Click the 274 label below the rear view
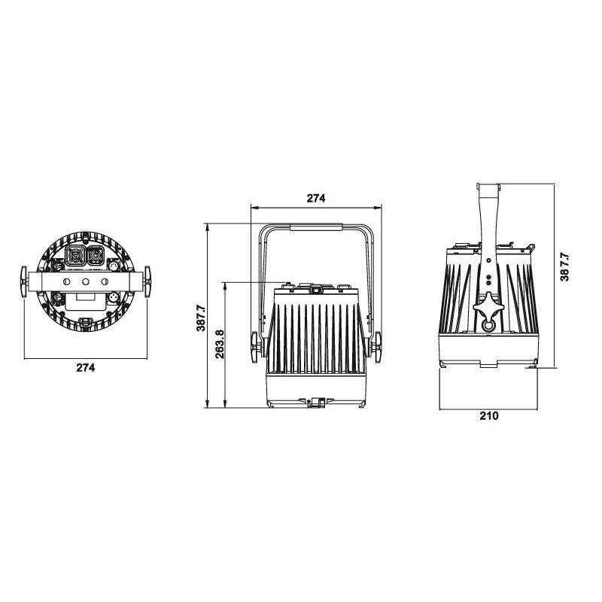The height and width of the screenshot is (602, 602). (85, 368)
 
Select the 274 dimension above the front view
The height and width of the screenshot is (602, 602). (315, 198)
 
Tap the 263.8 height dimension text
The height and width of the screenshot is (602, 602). (220, 344)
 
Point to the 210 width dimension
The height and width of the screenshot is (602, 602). (488, 416)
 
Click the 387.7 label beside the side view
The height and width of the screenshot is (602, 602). (564, 267)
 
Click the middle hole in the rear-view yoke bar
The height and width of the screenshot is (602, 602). (85, 281)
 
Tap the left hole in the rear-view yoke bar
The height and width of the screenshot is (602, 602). (66, 281)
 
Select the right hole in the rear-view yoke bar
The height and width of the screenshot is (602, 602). (105, 281)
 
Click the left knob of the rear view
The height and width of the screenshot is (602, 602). (24, 281)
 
